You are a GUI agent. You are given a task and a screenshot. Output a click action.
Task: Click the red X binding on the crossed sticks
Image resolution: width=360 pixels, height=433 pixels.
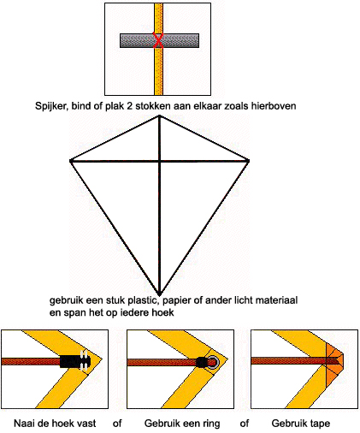click(x=158, y=40)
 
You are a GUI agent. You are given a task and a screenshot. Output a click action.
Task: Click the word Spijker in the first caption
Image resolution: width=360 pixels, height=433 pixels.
click(x=51, y=106)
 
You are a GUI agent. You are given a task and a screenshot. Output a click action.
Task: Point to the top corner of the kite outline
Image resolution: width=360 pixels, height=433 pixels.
click(x=159, y=116)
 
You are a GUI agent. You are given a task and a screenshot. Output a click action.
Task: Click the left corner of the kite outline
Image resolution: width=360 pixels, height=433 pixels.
click(x=71, y=161)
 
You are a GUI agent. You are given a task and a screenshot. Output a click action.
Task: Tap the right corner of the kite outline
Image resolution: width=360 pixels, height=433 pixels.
click(x=248, y=161)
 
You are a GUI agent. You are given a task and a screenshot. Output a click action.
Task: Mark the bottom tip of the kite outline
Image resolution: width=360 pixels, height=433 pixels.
click(x=160, y=294)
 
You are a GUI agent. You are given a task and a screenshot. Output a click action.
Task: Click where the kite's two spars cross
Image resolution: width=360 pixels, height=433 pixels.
click(x=160, y=162)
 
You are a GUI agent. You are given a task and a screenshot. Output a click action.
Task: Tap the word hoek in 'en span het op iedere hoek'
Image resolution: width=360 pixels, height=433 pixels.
click(x=162, y=312)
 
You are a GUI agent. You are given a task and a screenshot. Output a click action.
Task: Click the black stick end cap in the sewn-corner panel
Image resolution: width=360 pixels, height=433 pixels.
click(x=75, y=362)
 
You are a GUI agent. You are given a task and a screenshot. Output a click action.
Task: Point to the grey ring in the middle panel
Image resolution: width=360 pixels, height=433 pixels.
click(x=213, y=362)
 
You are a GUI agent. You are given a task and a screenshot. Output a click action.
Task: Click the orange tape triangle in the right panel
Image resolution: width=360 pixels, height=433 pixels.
click(x=335, y=362)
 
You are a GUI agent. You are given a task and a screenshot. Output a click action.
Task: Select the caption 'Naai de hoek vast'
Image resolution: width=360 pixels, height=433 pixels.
click(x=55, y=424)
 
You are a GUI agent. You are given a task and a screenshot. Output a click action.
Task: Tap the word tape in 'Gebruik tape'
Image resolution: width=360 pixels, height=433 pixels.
click(x=319, y=424)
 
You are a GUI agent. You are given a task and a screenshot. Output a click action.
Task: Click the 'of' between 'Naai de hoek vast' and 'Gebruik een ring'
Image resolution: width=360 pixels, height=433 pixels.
click(x=117, y=424)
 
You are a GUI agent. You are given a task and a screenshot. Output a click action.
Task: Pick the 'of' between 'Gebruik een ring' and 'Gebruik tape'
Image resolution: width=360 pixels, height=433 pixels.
click(x=245, y=424)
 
